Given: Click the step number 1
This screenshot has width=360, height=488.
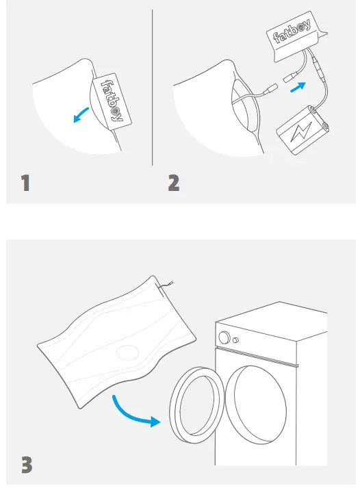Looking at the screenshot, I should coord(25,183).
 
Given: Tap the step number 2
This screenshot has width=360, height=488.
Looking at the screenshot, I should coord(174,183).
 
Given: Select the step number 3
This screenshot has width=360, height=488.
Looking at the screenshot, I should coord(26,464).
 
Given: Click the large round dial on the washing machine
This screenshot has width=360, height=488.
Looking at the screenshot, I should coord(224,337).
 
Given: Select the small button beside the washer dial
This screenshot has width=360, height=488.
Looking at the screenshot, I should coord(236,340).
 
